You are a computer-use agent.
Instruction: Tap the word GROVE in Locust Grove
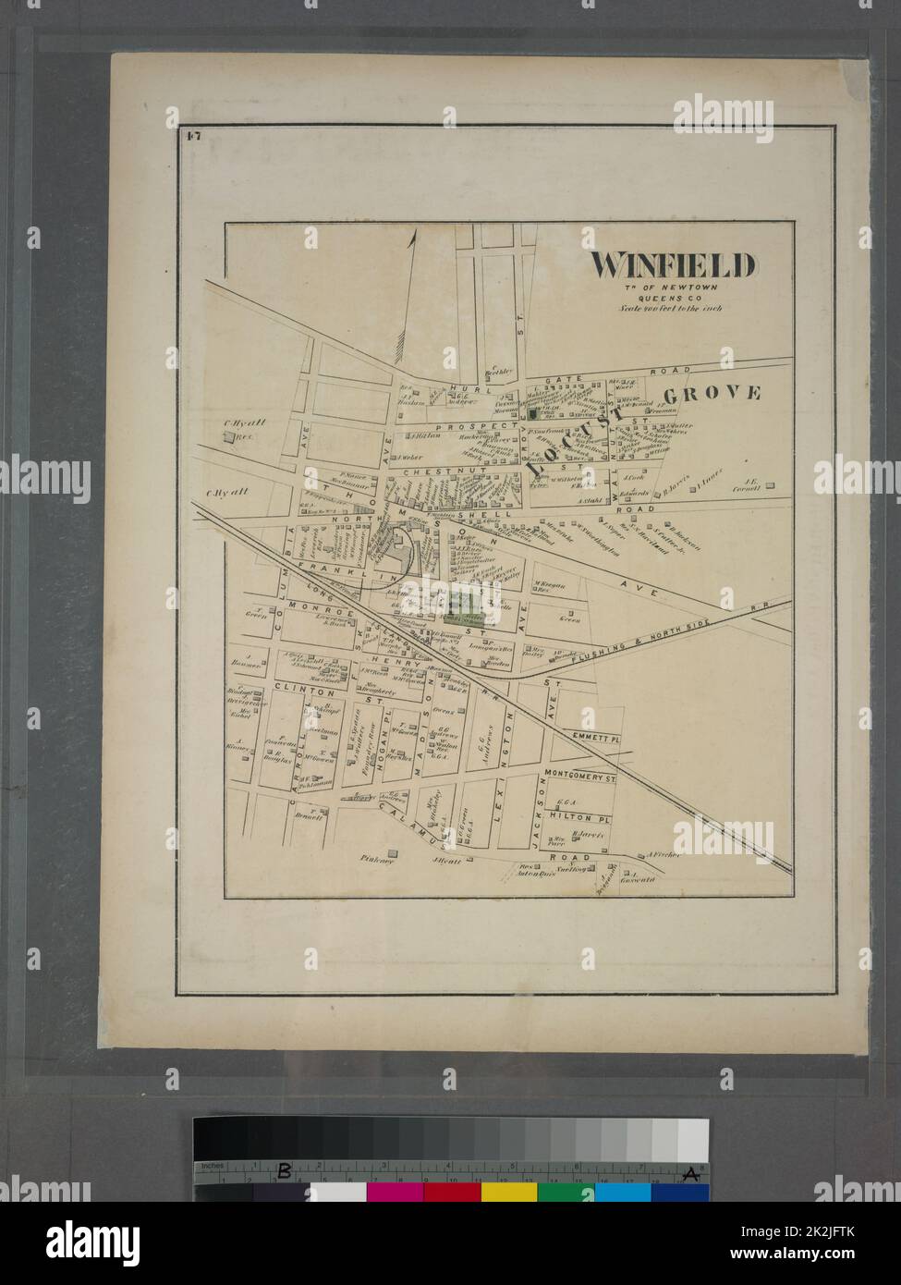tap(723, 394)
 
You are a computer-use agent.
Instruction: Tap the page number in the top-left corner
tap(193, 137)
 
